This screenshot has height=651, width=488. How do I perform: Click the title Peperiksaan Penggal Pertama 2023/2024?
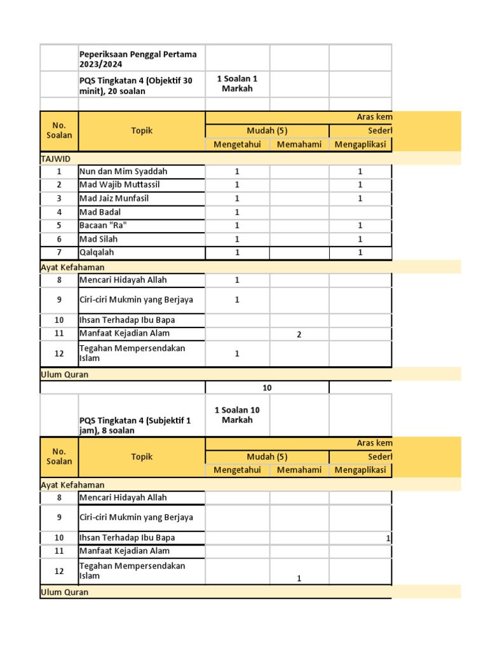point(138,59)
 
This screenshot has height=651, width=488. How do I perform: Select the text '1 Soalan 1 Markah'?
point(237,84)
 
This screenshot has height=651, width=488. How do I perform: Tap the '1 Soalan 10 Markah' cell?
point(237,415)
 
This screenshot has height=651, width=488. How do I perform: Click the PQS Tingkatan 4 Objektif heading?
point(135,86)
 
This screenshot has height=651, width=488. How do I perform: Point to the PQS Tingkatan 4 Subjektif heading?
point(135,425)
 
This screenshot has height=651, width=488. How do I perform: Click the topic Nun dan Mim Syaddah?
point(123,172)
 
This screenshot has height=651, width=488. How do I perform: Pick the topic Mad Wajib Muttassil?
point(119,185)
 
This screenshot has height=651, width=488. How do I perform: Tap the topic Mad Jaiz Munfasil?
point(119,198)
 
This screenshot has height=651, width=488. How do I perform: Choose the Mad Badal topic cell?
point(100,212)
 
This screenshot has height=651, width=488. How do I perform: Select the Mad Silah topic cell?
point(98,239)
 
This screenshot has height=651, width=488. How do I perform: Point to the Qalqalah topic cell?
point(97,252)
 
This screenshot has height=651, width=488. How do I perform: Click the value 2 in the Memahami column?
point(299,335)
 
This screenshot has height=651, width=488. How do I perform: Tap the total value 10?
point(268,387)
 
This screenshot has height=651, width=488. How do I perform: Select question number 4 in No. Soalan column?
point(59,212)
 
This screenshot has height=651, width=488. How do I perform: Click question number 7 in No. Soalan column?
point(59,252)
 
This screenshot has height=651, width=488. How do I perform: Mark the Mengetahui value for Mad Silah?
point(237,239)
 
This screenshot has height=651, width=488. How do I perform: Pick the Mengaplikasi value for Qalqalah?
point(360,252)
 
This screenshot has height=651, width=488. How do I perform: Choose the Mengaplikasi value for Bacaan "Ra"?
point(360,226)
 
